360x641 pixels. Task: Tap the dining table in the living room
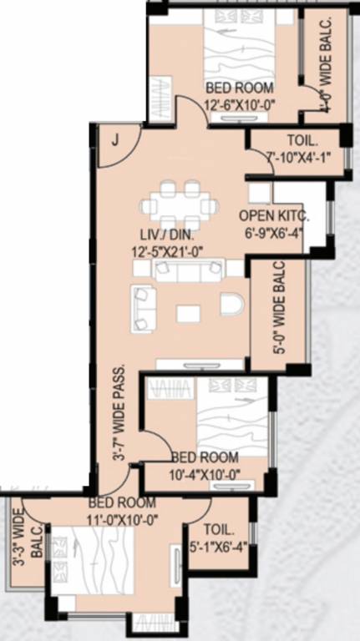tap(180, 204)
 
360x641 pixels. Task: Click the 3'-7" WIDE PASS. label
tap(120, 423)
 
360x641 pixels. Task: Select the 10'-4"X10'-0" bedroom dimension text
tap(205, 473)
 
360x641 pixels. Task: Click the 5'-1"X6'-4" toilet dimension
tap(220, 548)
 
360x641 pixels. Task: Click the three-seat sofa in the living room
tap(189, 269)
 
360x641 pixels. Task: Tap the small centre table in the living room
tap(189, 313)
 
